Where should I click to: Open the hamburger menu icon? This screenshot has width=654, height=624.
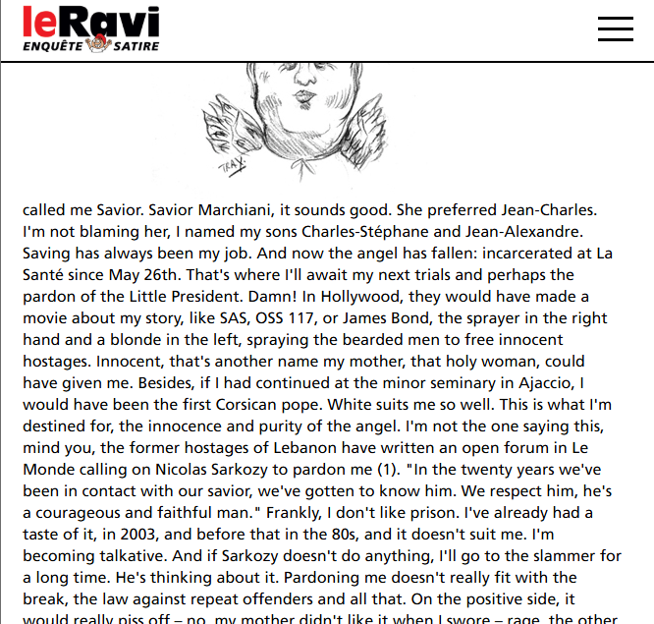(x=615, y=28)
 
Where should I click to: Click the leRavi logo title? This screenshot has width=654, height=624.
(x=89, y=20)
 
